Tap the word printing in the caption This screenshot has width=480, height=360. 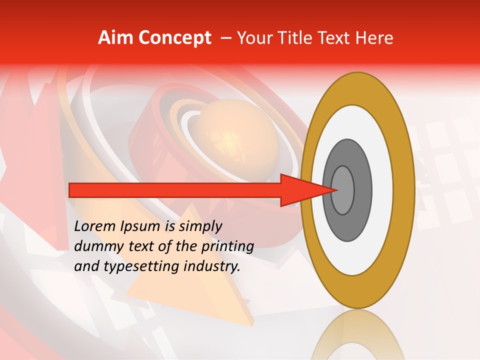click(x=228, y=246)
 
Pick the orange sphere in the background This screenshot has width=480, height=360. click(x=235, y=135)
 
